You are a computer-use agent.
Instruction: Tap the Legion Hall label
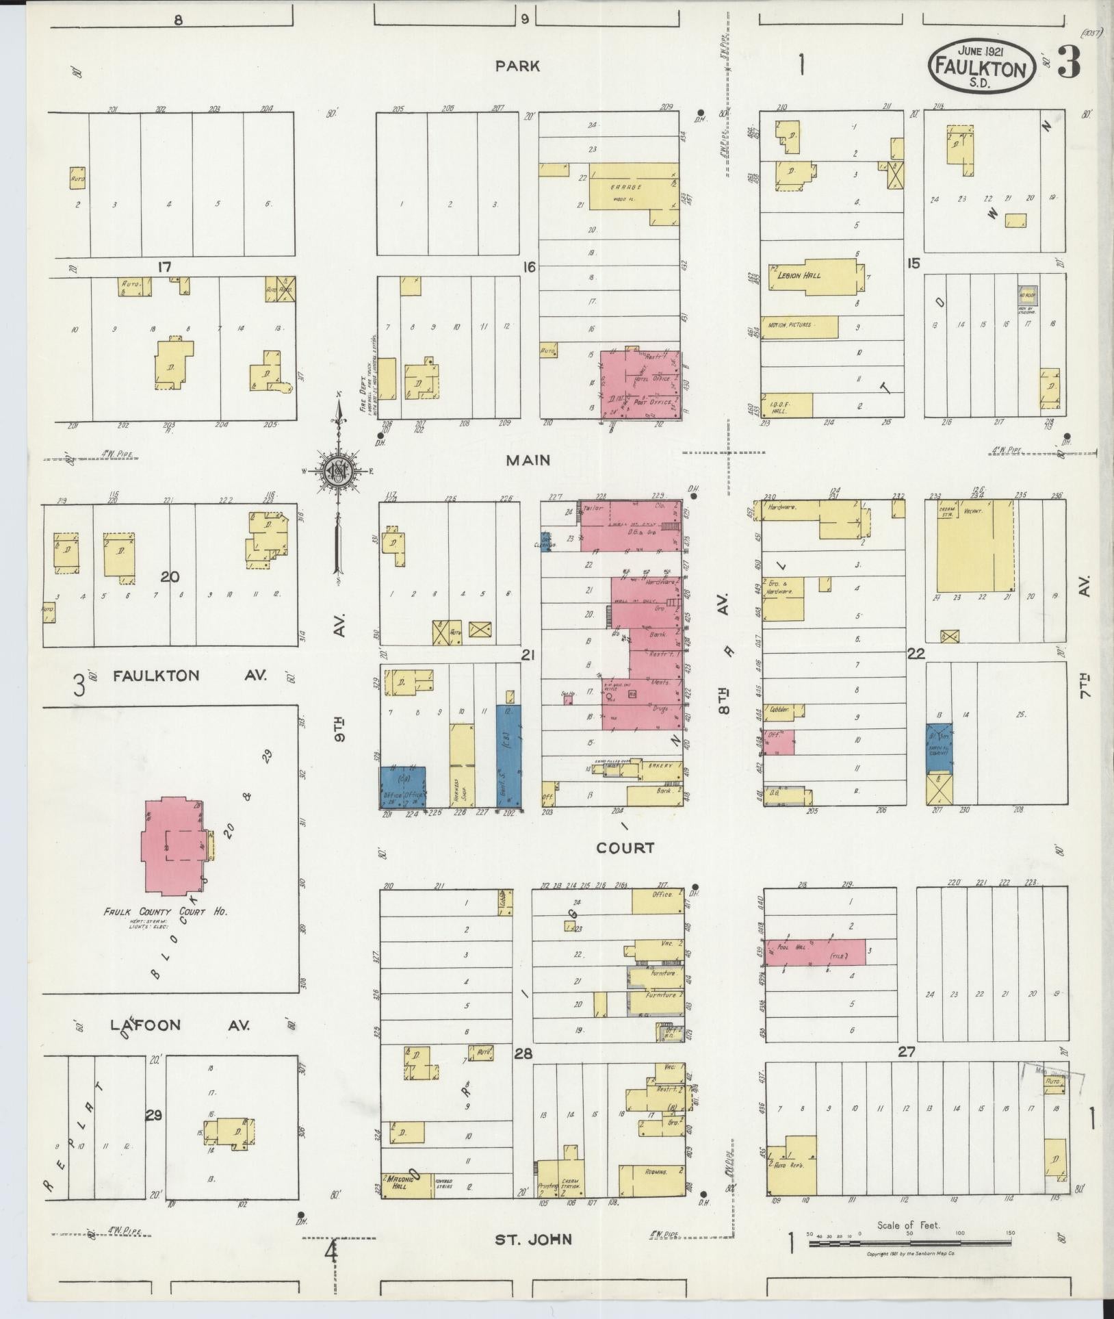tap(799, 275)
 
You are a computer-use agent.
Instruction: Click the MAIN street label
tap(528, 461)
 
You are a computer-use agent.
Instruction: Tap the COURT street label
tap(625, 848)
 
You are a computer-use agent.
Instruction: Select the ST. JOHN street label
tap(534, 1239)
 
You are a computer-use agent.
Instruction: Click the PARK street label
tap(518, 66)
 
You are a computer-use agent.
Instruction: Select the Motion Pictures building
tap(799, 326)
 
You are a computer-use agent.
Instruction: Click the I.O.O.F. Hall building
tap(787, 405)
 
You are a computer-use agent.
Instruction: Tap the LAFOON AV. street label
tap(181, 1025)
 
